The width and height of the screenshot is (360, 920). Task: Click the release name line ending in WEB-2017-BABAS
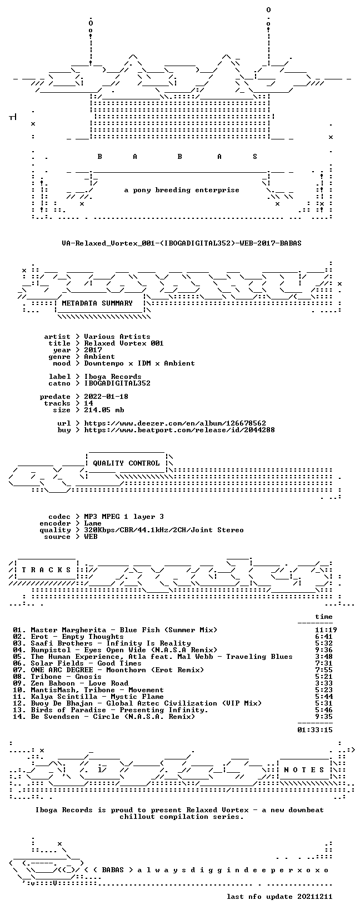tap(182, 243)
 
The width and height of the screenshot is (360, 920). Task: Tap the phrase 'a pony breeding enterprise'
tap(182, 190)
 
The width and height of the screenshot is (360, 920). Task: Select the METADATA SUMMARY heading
tap(97, 303)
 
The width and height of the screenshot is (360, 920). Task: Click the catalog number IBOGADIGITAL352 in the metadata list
tap(117, 383)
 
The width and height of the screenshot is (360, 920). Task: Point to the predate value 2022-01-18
tap(106, 397)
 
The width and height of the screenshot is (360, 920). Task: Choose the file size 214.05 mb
tap(104, 410)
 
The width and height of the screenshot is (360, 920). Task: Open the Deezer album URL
tap(175, 423)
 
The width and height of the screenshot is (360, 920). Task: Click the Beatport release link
tap(179, 430)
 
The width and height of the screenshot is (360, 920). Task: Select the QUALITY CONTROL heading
tap(126, 463)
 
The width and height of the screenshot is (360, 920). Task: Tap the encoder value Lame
tap(93, 523)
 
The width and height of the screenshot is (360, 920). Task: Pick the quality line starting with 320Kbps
tap(164, 530)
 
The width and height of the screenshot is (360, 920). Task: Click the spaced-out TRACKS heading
tap(46, 570)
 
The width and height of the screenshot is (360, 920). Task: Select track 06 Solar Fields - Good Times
tap(77, 663)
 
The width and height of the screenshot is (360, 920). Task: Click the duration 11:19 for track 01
tap(326, 630)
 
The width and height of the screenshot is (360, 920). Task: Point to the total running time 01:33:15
tap(315, 730)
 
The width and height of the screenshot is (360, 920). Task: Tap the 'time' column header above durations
tap(324, 617)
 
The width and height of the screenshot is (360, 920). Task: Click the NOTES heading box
tap(304, 769)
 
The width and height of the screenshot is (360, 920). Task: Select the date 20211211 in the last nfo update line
tap(315, 896)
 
